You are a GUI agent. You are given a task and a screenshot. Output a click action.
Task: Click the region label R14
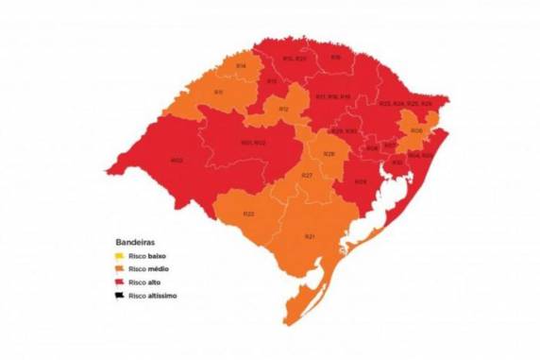(x=242, y=65)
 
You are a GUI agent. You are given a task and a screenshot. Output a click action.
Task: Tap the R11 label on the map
(x=218, y=92)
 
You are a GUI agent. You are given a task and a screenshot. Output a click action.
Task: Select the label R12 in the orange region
(x=283, y=110)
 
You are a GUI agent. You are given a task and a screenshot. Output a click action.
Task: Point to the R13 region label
(x=271, y=81)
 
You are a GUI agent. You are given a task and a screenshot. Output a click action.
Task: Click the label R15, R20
(x=295, y=58)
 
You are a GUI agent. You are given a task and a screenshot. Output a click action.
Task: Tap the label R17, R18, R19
(x=333, y=96)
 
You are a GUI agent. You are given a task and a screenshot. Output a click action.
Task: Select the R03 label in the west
(x=177, y=160)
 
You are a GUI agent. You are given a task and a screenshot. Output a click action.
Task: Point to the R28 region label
(x=329, y=153)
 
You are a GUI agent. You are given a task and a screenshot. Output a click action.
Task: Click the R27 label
(x=306, y=177)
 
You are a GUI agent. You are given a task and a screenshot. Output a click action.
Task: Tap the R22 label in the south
(x=248, y=214)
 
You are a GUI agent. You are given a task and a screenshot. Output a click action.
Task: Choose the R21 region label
(x=309, y=235)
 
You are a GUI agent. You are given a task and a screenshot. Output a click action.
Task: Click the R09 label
(x=360, y=181)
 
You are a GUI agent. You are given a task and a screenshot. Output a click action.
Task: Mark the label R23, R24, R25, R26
(x=405, y=103)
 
